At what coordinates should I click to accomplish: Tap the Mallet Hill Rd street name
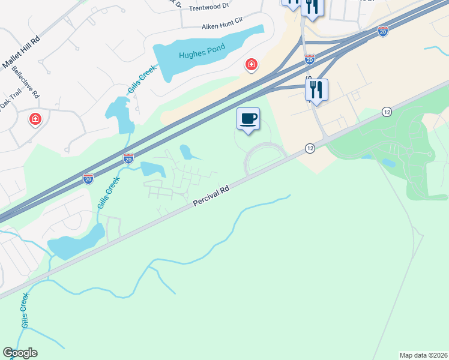(21, 51)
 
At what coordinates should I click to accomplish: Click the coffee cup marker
(248, 118)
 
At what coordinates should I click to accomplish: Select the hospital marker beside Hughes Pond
(251, 64)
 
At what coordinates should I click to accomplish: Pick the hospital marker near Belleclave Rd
(36, 119)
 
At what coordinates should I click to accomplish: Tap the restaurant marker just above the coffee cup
(316, 90)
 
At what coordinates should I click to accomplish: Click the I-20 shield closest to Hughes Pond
(310, 59)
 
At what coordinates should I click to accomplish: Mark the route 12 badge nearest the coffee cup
(310, 148)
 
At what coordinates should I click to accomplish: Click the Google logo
(20, 353)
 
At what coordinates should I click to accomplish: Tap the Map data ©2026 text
(423, 355)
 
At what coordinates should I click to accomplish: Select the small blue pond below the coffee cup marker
(185, 152)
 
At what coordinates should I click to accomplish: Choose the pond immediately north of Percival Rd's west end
(75, 242)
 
